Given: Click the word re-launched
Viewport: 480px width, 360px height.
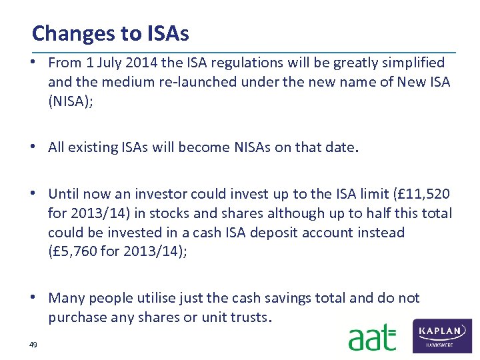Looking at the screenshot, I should [x=195, y=83].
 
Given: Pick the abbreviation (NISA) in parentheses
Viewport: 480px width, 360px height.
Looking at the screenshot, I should [x=69, y=103].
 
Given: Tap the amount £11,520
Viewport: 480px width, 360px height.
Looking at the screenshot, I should [x=421, y=194].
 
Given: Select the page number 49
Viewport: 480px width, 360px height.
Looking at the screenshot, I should [x=33, y=344].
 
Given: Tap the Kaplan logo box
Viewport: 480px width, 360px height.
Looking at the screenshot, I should [x=442, y=335].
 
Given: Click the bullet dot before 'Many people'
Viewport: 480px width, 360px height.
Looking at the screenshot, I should [x=39, y=298].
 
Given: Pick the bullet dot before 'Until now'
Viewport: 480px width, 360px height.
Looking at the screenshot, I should [x=39, y=194].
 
